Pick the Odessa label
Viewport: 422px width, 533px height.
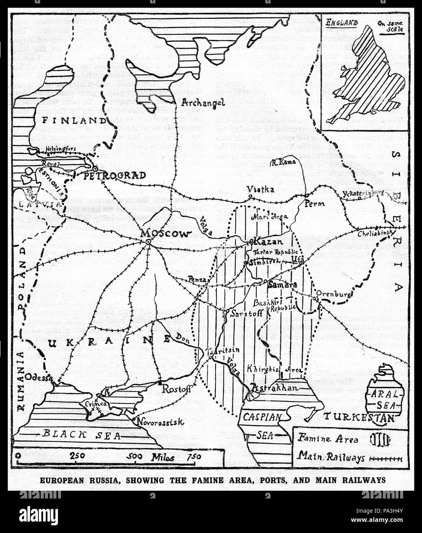point(38,377)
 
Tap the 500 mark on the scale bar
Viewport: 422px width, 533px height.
point(135,456)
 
